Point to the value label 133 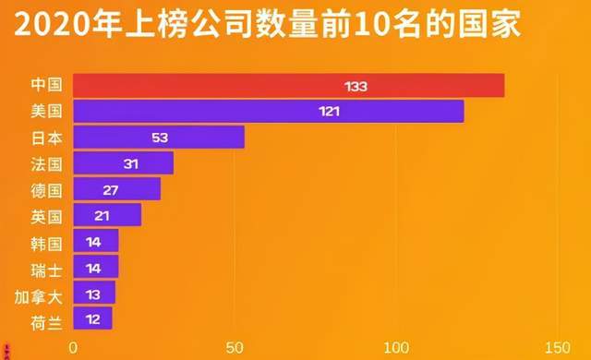pos(356,86)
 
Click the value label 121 pos(330,112)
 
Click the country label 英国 pos(45,217)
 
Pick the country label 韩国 pos(45,244)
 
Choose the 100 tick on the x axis pos(396,347)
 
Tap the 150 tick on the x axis pos(557,347)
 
